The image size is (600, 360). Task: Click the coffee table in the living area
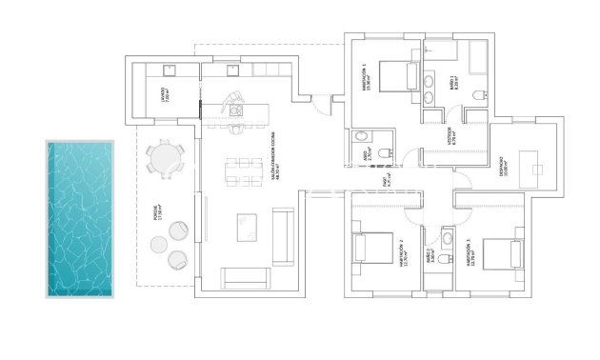coord(246,227)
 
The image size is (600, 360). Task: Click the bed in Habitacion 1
coord(396,74)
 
